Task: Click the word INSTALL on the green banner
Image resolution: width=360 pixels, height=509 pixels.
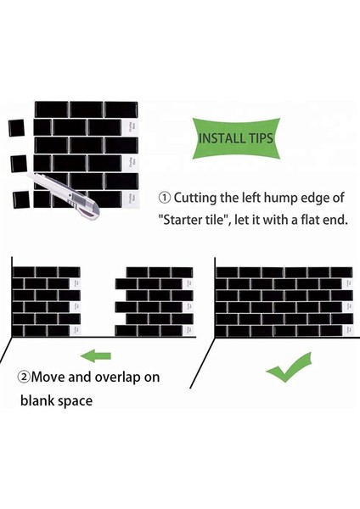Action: coord(218,138)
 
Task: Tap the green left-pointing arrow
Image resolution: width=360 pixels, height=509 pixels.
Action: coord(96,355)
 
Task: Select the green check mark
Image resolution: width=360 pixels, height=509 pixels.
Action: coord(289,367)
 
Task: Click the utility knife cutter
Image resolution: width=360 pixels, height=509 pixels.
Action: coord(65,193)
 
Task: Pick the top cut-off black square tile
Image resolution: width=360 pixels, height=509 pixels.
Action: coord(17,128)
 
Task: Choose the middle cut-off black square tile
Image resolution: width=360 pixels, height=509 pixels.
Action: coord(19,164)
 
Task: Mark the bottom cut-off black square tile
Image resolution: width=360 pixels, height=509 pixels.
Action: coord(21,200)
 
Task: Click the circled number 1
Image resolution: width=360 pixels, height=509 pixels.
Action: coord(165,198)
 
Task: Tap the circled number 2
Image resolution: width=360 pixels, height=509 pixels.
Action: coord(24,378)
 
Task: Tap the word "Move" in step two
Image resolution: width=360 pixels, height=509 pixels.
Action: coord(48,378)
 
